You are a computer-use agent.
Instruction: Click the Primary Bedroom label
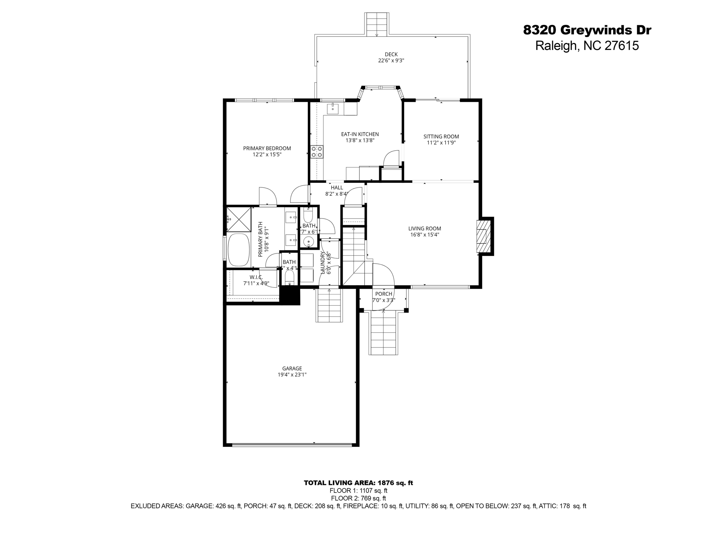(x=267, y=148)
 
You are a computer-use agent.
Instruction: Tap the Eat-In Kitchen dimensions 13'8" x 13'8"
(x=360, y=141)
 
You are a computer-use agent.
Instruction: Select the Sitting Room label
(x=441, y=136)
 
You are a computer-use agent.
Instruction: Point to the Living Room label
(x=424, y=229)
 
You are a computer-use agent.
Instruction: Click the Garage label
(x=292, y=368)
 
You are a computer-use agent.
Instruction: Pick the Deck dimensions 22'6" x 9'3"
(x=391, y=60)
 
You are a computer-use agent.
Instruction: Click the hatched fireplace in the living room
(x=481, y=236)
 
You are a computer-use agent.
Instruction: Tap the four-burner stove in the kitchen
(x=316, y=152)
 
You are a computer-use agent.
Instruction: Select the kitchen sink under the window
(x=333, y=109)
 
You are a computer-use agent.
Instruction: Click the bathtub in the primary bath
(x=238, y=250)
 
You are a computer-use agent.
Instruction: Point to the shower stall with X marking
(x=239, y=219)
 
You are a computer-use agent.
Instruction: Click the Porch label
(x=384, y=294)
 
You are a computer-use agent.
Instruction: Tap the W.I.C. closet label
(x=256, y=277)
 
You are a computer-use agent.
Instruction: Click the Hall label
(x=337, y=188)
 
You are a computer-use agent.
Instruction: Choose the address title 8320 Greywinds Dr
(x=587, y=30)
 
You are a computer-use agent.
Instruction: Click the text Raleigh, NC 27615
(x=587, y=46)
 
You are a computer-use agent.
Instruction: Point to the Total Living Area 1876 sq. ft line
(x=358, y=483)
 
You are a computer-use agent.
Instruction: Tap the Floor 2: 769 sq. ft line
(x=358, y=498)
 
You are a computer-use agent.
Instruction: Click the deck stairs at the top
(x=377, y=24)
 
